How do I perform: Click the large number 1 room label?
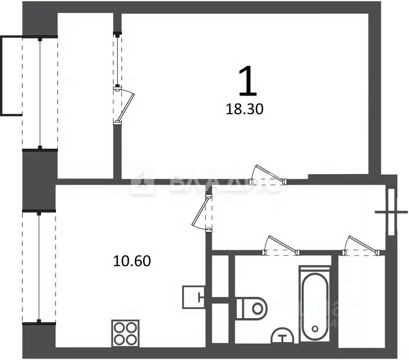click(x=248, y=81)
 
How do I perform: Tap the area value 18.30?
click(x=245, y=110)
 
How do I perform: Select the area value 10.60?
click(x=132, y=261)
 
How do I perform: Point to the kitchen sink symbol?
click(x=193, y=296)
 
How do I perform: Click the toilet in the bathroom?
click(x=252, y=308)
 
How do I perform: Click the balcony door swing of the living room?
click(x=124, y=106)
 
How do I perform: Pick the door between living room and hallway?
click(x=268, y=174)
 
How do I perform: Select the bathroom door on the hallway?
click(x=281, y=246)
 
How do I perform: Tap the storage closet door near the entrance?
click(x=361, y=246)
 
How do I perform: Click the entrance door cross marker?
click(x=391, y=212)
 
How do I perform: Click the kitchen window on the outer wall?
click(x=40, y=267)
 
